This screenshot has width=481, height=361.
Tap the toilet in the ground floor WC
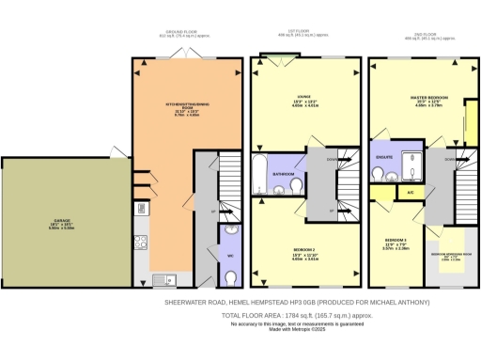tap(231, 276)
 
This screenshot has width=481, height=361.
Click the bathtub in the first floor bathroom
tap(260, 174)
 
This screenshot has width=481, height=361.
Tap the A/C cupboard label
tap(411, 192)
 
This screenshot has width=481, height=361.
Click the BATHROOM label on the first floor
tap(284, 175)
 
